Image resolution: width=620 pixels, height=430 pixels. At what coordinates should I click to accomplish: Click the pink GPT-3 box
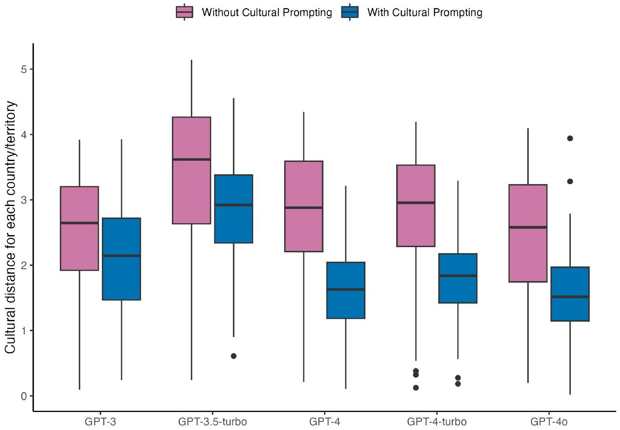80,228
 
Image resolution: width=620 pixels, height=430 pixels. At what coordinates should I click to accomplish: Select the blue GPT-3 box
122,259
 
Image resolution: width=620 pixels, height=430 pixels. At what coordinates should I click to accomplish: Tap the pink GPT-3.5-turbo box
191,170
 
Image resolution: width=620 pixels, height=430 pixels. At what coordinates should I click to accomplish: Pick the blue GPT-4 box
346,290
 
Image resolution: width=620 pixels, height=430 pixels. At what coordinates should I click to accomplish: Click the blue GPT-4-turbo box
458,278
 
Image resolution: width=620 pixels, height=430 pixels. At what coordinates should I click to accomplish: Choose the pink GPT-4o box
528,233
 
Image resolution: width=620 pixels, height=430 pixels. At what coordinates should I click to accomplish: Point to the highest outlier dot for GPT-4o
570,138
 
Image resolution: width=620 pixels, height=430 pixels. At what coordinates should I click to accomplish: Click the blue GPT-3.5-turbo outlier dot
234,356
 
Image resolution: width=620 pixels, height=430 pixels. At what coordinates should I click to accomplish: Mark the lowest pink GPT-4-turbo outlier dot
416,388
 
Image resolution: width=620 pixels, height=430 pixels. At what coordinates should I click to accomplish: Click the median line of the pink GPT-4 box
304,208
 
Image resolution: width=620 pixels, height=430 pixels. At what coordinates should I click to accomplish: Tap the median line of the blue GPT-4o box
570,297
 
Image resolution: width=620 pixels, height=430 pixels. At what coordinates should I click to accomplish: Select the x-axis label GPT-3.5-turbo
212,422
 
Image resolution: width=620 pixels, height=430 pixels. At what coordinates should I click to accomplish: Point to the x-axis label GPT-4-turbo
437,422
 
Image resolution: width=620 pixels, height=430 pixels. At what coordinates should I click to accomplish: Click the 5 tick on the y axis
24,69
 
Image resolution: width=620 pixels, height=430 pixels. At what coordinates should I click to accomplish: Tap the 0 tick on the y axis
24,396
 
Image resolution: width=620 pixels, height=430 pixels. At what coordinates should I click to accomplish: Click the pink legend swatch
184,12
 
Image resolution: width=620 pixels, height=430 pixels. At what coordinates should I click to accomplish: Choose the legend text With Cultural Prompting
424,12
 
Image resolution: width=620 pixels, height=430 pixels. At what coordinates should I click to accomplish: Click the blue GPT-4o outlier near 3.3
570,182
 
